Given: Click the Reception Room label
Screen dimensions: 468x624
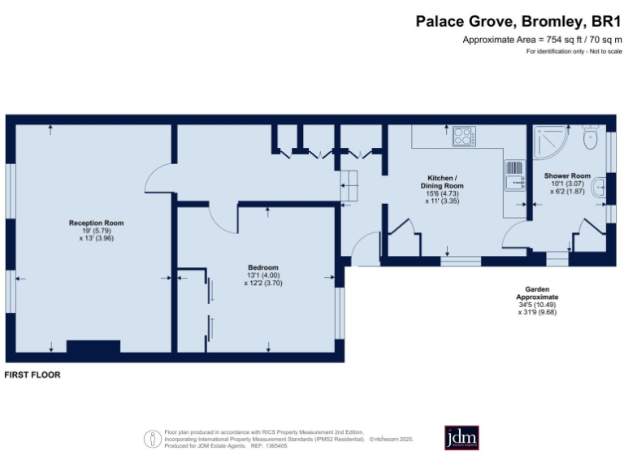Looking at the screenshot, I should [x=96, y=222].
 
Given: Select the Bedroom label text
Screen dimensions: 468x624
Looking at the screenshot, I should [x=263, y=267].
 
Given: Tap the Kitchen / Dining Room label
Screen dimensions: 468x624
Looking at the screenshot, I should [x=443, y=181].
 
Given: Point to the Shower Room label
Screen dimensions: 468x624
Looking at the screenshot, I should [x=567, y=175].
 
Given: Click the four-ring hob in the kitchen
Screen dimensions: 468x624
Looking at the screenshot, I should [x=464, y=136].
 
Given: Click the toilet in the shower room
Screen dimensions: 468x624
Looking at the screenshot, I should [x=591, y=140].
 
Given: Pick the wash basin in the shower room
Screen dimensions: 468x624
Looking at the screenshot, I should [x=599, y=188].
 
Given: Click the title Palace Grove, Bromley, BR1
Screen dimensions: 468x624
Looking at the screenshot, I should [x=518, y=22].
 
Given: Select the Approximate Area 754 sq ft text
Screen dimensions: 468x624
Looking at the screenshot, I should [x=541, y=40].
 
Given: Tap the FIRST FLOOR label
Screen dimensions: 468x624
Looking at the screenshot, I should [x=32, y=375].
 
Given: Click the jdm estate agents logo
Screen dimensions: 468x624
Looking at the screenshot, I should [x=461, y=437].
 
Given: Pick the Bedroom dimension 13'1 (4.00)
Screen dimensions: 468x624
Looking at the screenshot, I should [x=263, y=275].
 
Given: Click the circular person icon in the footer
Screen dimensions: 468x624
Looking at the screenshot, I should [x=152, y=439].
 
